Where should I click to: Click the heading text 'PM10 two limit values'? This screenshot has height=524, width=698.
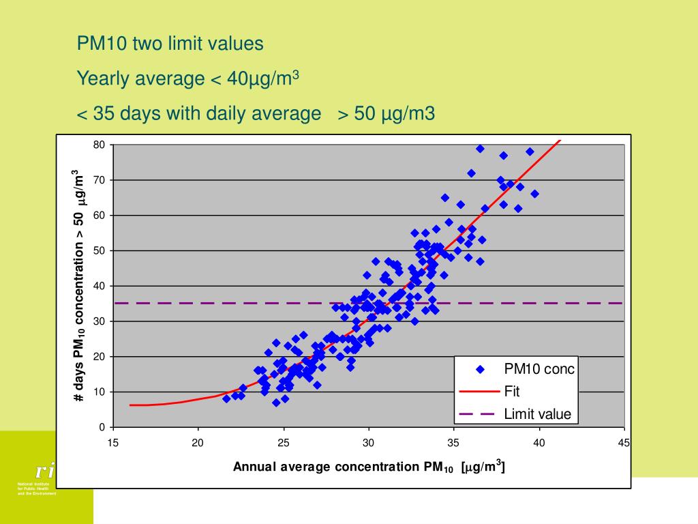coord(170,44)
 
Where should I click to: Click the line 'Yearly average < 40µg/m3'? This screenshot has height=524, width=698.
coord(188,78)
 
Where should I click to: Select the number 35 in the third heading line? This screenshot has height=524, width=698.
coord(103,113)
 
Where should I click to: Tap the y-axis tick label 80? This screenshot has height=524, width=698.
coord(100,145)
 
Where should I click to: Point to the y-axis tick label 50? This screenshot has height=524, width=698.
coord(100,250)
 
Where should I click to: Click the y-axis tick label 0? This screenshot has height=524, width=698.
coord(102,428)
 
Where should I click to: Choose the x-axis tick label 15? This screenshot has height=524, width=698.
coord(113,443)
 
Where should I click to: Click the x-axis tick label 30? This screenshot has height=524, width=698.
coord(369,443)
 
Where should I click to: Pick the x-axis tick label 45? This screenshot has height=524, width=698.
coord(624,443)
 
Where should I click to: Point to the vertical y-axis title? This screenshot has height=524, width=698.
coord(80,285)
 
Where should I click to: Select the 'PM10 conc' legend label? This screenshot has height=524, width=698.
coord(539,369)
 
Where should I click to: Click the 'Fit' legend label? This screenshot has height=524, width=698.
coord(511,392)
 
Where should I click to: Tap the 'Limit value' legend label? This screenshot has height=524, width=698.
coord(537,414)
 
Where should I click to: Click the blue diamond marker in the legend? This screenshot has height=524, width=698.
coord(480,370)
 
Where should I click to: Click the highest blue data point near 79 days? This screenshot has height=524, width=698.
coord(480,149)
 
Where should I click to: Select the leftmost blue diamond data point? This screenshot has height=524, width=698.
coord(226,398)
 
